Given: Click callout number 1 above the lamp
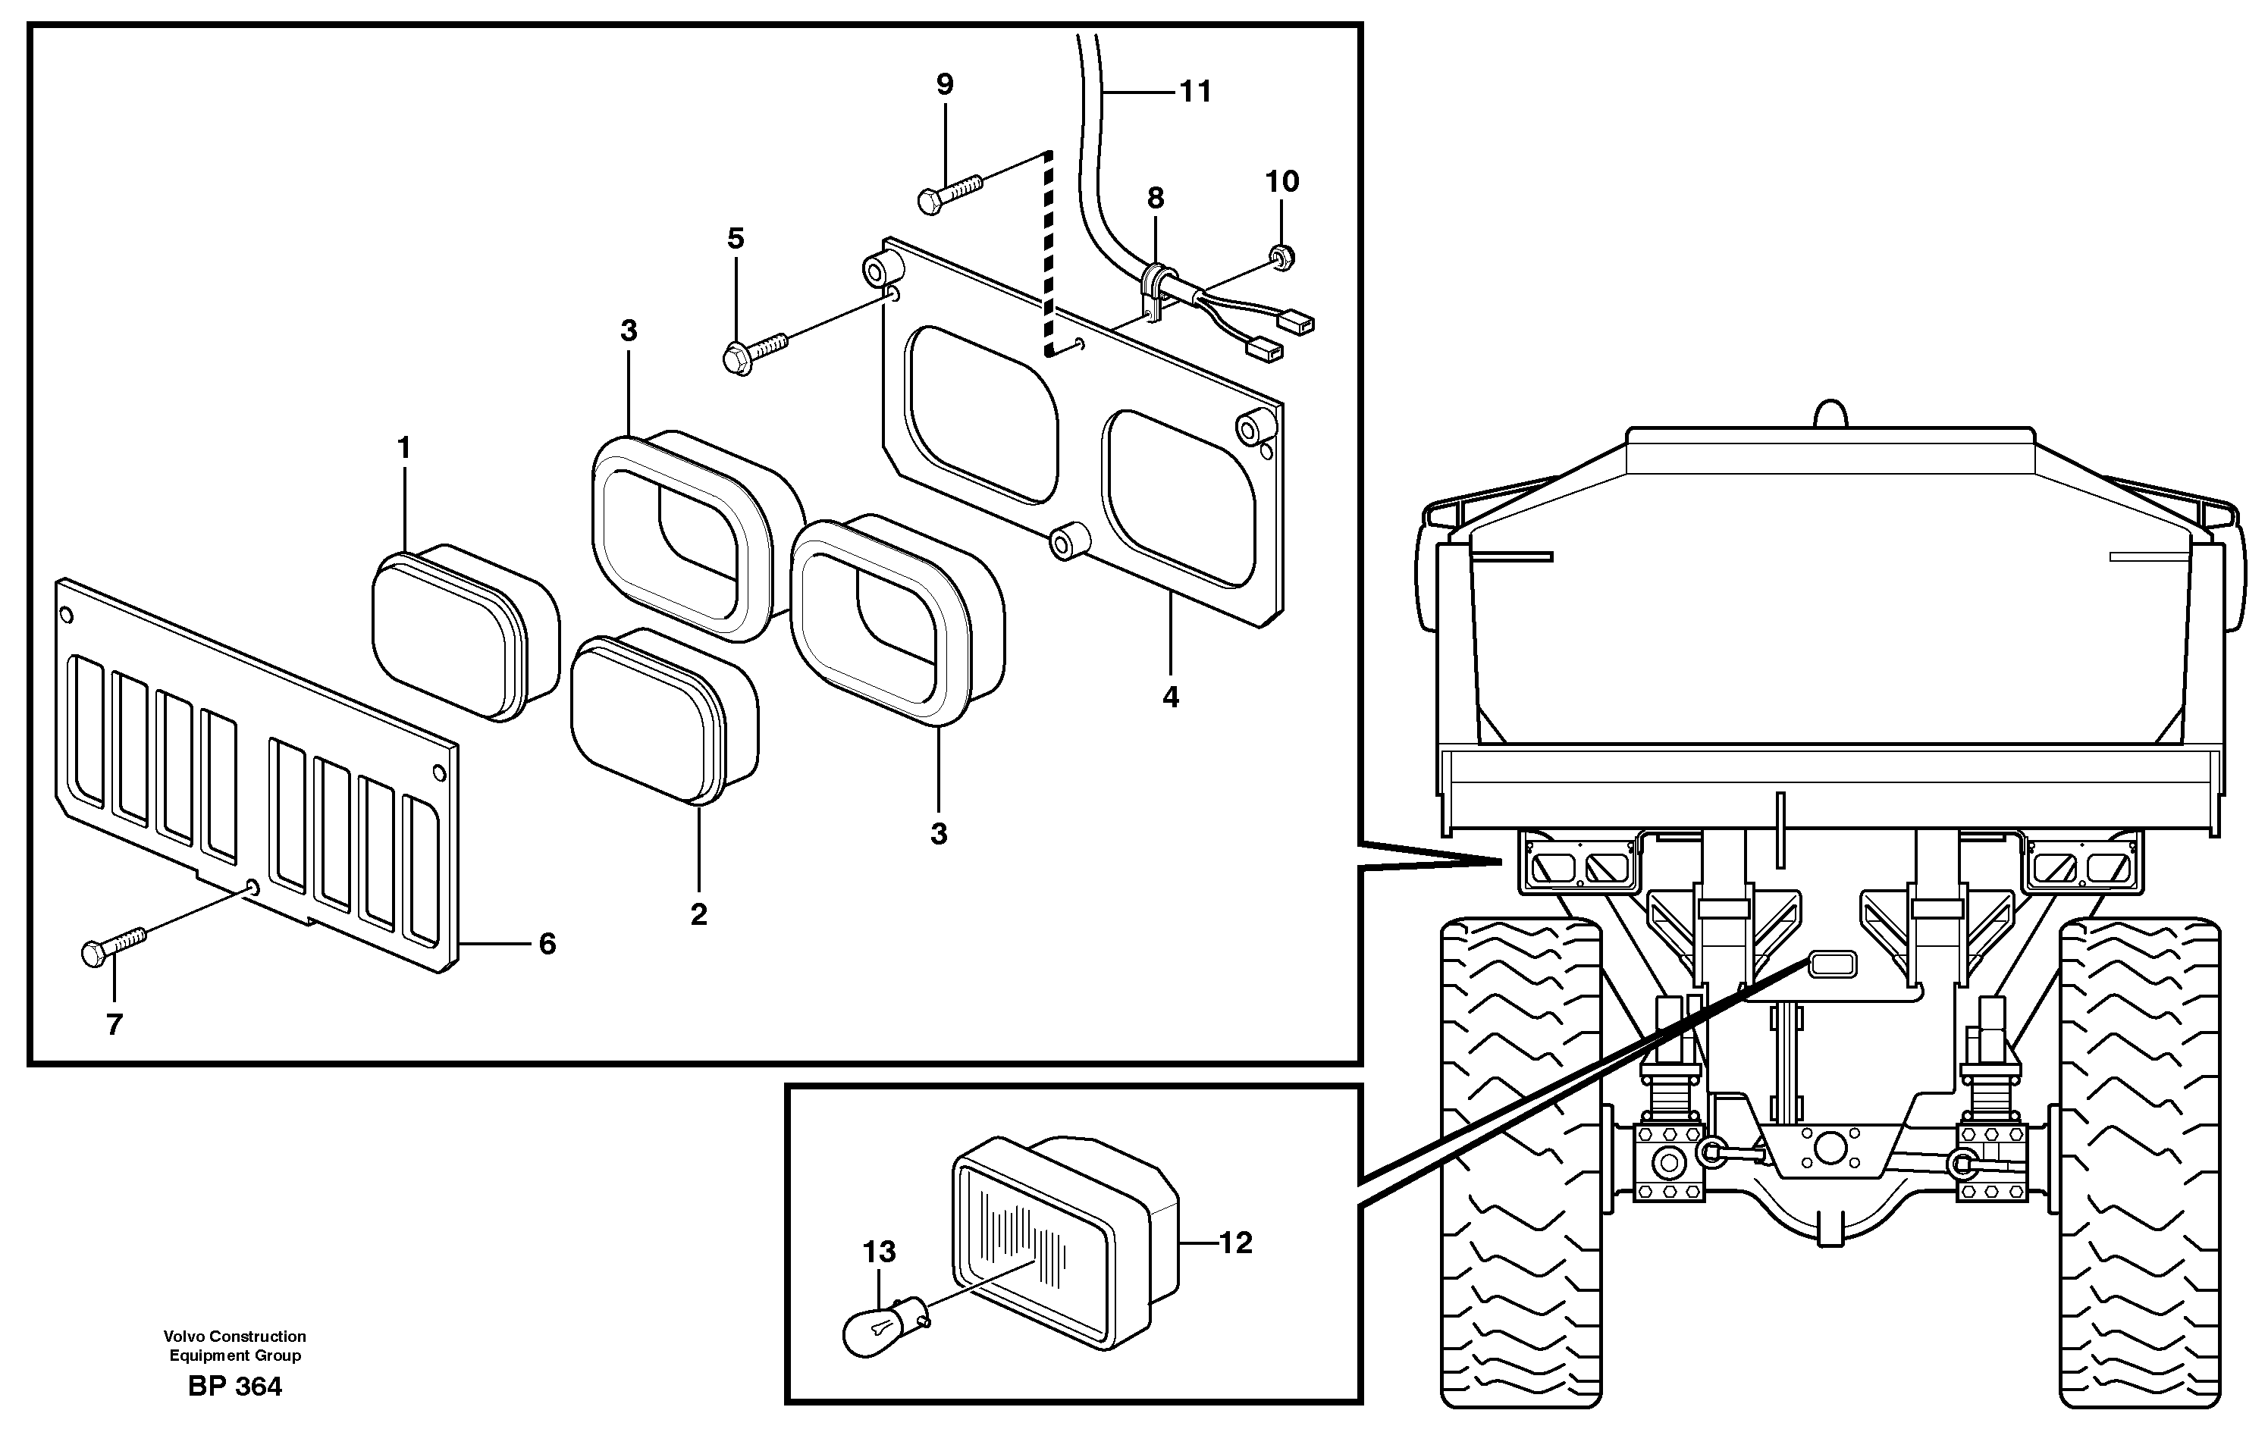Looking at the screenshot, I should coord(404,449).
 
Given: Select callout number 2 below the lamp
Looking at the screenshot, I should coord(698,914).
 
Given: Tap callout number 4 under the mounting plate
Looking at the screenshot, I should coord(1170,697).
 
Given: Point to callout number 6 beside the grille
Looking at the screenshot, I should coord(547,944).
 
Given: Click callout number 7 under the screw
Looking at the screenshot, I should coord(114,1024).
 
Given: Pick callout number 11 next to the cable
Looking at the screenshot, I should coord(1195,92).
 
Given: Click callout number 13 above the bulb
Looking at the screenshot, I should coord(879,1252).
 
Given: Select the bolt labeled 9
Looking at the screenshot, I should coord(950,191).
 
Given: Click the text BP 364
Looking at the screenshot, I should coord(234,1387).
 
